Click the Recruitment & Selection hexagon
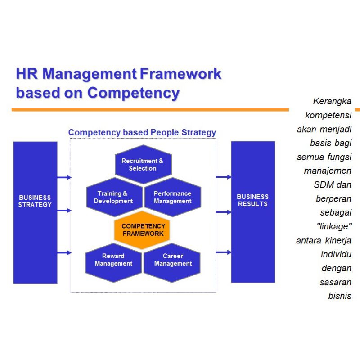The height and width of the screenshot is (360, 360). (143, 164)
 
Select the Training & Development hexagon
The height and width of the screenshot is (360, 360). (115, 197)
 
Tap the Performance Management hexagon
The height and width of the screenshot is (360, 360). (173, 197)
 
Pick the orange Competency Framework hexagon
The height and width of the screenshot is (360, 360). (142, 230)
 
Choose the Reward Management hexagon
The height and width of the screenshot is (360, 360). (113, 263)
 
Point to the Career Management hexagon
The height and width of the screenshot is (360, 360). (172, 263)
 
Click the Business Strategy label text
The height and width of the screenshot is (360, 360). (35, 201)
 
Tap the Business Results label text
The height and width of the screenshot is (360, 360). (252, 200)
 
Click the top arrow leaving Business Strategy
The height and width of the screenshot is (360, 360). (64, 177)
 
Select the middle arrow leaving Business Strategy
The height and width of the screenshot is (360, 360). (64, 210)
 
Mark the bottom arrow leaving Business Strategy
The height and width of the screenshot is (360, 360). (64, 252)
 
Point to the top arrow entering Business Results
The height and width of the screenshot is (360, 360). (223, 177)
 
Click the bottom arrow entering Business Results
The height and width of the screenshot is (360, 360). (223, 252)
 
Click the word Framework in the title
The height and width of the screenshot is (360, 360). (181, 74)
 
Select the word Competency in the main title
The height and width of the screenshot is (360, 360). (133, 93)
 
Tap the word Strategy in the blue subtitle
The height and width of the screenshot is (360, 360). (198, 133)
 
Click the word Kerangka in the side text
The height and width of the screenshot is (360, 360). (332, 102)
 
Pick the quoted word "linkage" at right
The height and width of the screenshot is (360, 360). (334, 226)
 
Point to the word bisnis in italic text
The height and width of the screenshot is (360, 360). (340, 296)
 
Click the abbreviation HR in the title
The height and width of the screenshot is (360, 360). (27, 74)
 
